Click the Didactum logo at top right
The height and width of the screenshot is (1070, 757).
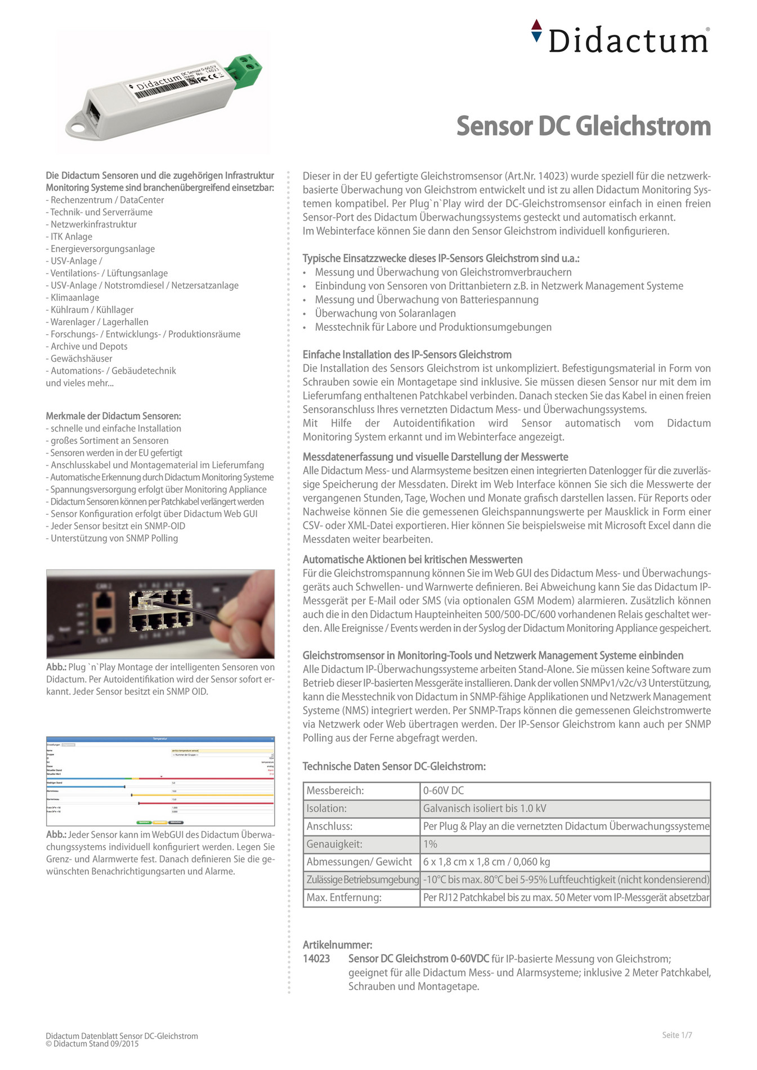(621, 38)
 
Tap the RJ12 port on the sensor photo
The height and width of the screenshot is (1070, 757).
(93, 110)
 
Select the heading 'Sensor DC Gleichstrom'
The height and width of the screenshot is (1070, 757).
(583, 126)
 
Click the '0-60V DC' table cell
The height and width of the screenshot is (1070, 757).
(444, 790)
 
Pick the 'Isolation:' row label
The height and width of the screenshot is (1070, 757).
(326, 808)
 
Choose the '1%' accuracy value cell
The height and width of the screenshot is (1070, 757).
(431, 844)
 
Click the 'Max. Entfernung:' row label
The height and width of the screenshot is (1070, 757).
(344, 897)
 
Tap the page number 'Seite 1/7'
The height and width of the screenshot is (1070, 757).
(677, 1035)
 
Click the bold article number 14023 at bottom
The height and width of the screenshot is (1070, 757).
(316, 959)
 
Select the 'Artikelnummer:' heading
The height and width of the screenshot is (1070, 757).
(337, 945)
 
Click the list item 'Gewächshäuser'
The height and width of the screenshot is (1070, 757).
(81, 358)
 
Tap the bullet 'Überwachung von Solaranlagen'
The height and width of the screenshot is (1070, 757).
(385, 313)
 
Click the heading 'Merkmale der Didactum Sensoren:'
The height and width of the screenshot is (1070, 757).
(113, 416)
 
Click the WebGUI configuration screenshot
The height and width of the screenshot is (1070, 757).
(160, 781)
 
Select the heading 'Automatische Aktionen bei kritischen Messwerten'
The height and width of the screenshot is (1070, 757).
(413, 559)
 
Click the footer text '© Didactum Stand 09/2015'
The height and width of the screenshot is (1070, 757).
(92, 1044)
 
